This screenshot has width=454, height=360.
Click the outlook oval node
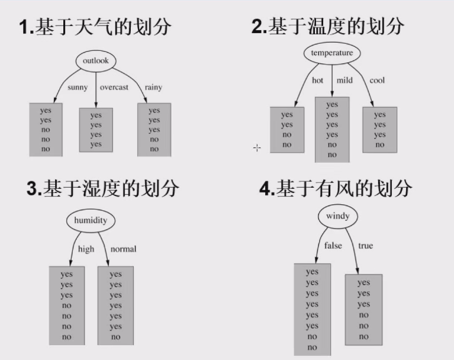[95, 61]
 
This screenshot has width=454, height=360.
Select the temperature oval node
[332, 53]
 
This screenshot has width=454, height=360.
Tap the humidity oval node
[91, 221]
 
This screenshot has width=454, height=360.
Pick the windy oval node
[337, 216]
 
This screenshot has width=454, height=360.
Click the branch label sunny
[78, 87]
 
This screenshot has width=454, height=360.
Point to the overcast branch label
[114, 87]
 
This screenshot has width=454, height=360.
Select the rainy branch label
[153, 87]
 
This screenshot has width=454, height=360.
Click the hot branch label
[318, 80]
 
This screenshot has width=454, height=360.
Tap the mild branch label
[344, 80]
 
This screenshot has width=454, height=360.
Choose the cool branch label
[377, 80]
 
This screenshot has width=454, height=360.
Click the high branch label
[86, 249]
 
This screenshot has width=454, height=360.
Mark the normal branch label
[123, 249]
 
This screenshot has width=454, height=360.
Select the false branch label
[333, 246]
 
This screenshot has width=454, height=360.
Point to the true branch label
[366, 246]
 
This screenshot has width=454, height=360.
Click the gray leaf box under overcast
[96, 130]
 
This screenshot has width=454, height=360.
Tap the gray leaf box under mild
[332, 130]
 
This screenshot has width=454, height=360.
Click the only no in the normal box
[115, 337]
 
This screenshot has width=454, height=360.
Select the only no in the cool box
[379, 145]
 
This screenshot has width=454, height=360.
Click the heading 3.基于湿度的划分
[102, 189]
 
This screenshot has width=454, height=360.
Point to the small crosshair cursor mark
[257, 147]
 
